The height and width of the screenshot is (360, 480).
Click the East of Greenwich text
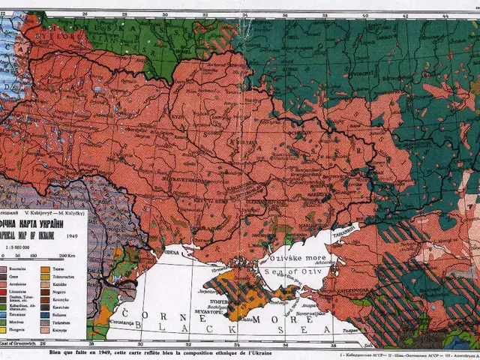click(x=18, y=343)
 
